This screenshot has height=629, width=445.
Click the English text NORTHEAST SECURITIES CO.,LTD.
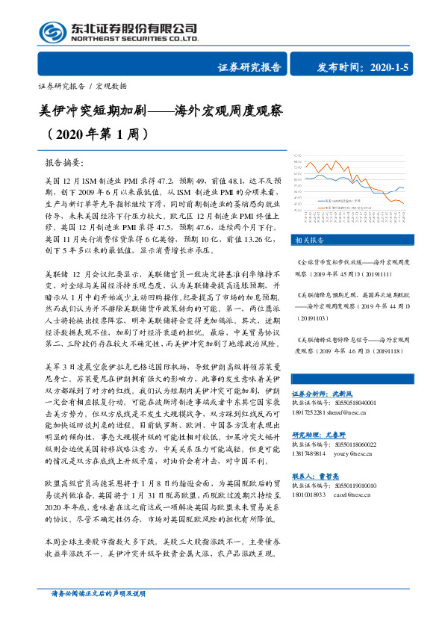134,39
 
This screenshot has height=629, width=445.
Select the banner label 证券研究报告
249,66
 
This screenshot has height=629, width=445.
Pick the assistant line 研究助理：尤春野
320,434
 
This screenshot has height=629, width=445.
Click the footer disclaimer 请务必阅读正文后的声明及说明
97,614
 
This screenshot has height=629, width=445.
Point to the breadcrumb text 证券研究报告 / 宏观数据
82,86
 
